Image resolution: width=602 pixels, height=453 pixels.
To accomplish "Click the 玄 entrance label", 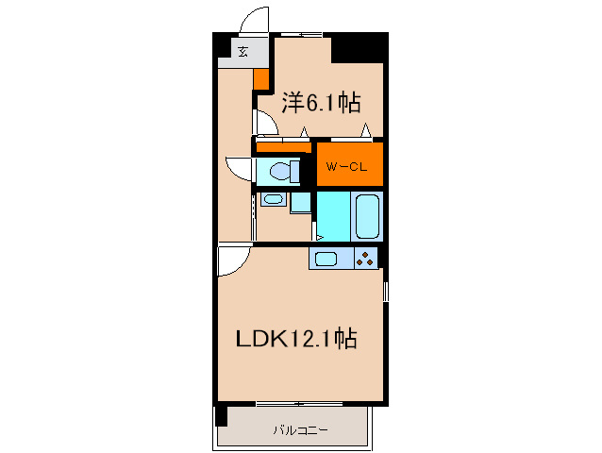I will coord(242,52).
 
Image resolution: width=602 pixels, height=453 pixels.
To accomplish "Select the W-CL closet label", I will coord(348,166).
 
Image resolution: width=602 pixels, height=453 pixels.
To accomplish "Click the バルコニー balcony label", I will coord(301,430).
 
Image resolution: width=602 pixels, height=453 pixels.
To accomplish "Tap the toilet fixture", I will coord(280,171).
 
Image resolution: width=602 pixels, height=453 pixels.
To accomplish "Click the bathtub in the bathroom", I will coord(367,216).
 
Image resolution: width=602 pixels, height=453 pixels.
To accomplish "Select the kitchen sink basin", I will coord(326,259).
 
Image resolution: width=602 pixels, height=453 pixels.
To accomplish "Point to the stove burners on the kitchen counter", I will coord(366,258).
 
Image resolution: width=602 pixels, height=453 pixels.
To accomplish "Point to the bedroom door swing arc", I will coord(265,123).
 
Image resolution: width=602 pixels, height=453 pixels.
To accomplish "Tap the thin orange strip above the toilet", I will coord(283,146).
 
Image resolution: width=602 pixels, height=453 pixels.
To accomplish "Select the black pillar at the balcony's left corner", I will coord(221,414).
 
